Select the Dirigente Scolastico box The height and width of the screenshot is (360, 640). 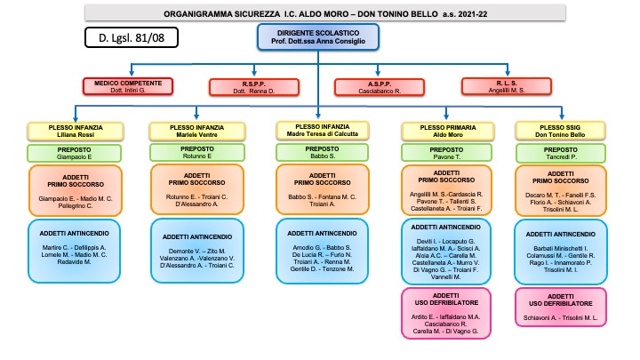click(x=318, y=36)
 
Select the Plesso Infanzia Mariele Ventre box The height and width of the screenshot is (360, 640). click(x=197, y=132)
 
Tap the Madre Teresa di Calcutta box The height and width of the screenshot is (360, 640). click(x=322, y=130)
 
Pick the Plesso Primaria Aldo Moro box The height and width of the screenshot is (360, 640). click(x=446, y=132)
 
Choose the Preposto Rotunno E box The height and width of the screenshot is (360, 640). click(x=197, y=153)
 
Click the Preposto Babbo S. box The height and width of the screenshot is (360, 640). click(x=322, y=152)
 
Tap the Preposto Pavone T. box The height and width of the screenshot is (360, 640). click(x=446, y=153)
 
